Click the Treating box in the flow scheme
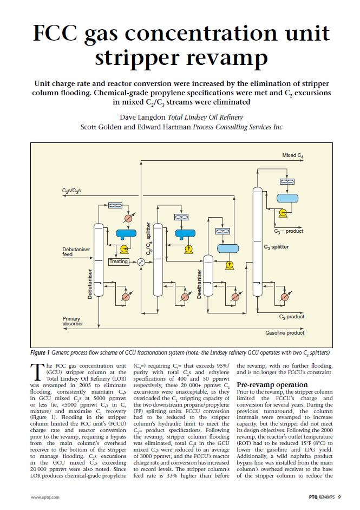tap(119, 261)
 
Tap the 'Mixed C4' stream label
tap(293, 155)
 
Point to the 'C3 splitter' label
tap(276, 247)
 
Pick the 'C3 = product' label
tap(289, 231)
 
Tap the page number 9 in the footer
tap(339, 496)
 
